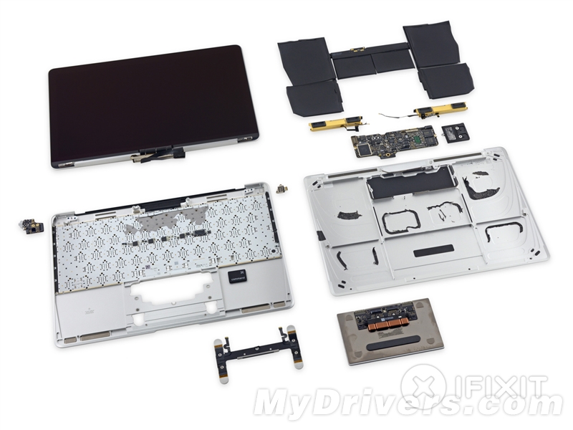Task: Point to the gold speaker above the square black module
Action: (438, 109)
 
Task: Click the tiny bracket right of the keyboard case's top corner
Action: (281, 189)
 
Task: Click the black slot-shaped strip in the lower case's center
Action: (433, 251)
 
